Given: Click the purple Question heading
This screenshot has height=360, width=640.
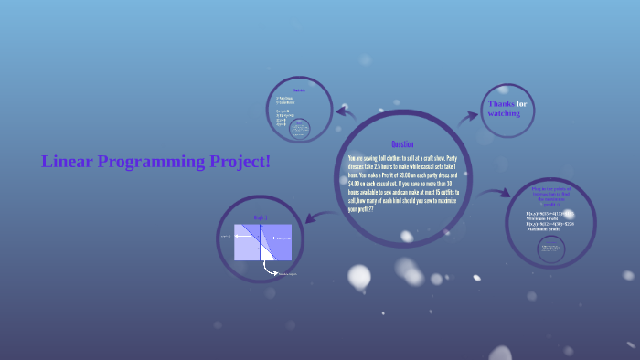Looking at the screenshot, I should (402, 144).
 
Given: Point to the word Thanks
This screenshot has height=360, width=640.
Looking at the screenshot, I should (502, 104).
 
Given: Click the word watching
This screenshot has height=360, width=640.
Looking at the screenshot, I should (504, 113).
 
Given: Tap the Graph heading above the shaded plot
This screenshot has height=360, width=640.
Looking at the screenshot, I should (259, 218).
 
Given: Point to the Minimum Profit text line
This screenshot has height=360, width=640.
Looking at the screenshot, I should (546, 218).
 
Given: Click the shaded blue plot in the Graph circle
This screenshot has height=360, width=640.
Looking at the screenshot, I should (262, 242).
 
